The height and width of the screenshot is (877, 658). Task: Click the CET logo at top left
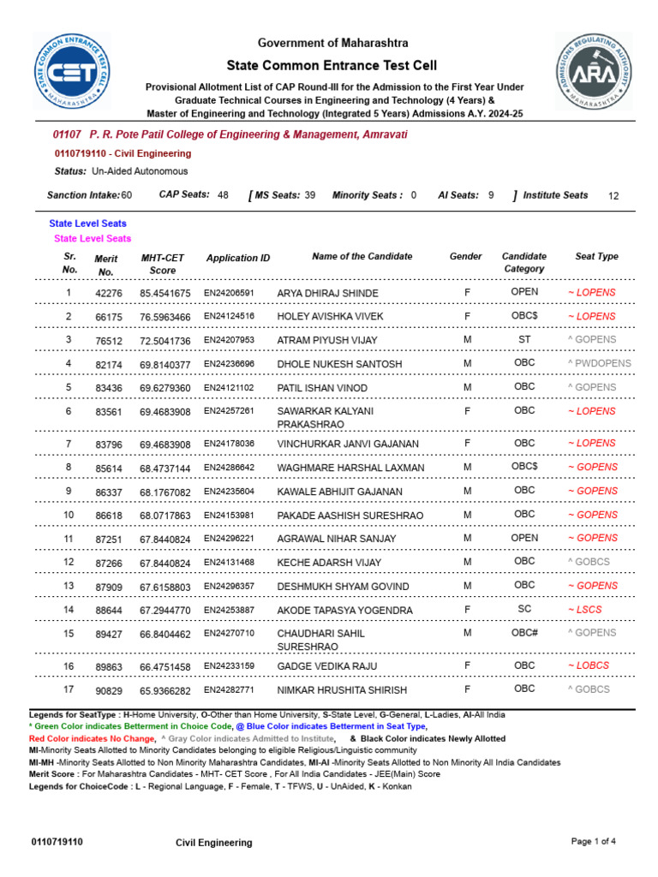pyautogui.click(x=72, y=73)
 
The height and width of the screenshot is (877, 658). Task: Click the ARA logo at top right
pyautogui.click(x=594, y=72)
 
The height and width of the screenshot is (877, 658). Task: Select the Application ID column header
pyautogui.click(x=238, y=258)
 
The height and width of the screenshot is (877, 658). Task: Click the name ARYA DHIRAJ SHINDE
pyautogui.click(x=327, y=293)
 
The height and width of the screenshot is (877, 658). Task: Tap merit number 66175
pyautogui.click(x=109, y=317)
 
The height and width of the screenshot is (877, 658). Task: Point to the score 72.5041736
pyautogui.click(x=165, y=340)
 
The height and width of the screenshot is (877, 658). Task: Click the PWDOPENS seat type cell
pyautogui.click(x=599, y=363)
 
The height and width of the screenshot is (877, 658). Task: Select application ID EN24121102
pyautogui.click(x=229, y=387)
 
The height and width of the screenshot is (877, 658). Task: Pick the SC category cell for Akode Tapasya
pyautogui.click(x=524, y=609)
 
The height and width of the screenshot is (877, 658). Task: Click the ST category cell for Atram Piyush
pyautogui.click(x=524, y=339)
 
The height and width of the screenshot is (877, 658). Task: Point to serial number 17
pyautogui.click(x=69, y=689)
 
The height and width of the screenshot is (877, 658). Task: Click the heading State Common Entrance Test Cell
pyautogui.click(x=331, y=66)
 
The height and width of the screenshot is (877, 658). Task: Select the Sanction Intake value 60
pyautogui.click(x=126, y=195)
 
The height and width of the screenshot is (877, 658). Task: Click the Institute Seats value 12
pyautogui.click(x=613, y=196)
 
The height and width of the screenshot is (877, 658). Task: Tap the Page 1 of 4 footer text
pyautogui.click(x=593, y=841)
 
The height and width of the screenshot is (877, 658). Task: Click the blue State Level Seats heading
pyautogui.click(x=88, y=224)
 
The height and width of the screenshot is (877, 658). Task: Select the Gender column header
pyautogui.click(x=466, y=256)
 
